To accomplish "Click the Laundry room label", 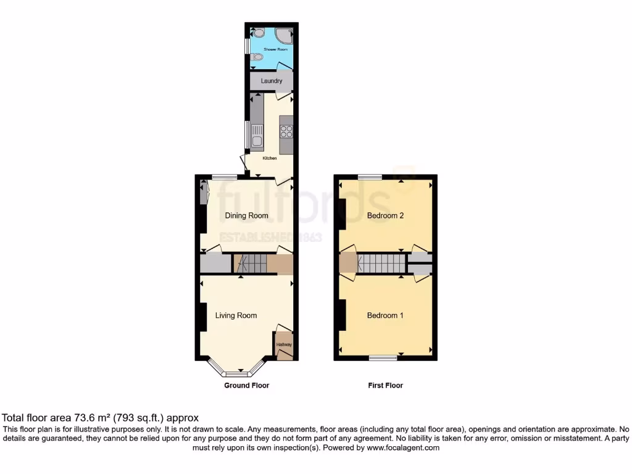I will pyautogui.click(x=272, y=81).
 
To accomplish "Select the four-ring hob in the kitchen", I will pyautogui.click(x=286, y=131).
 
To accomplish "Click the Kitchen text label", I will pyautogui.click(x=270, y=159).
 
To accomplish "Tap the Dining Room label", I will pyautogui.click(x=246, y=215).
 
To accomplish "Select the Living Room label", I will pyautogui.click(x=236, y=315).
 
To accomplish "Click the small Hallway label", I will pyautogui.click(x=284, y=344).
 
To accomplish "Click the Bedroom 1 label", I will pyautogui.click(x=385, y=315).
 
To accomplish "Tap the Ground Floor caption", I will pyautogui.click(x=246, y=385).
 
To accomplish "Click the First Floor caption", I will pyautogui.click(x=385, y=385).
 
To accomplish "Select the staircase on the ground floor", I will pyautogui.click(x=249, y=264).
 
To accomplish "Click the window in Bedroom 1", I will pyautogui.click(x=383, y=357).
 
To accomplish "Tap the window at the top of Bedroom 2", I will pyautogui.click(x=369, y=177).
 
